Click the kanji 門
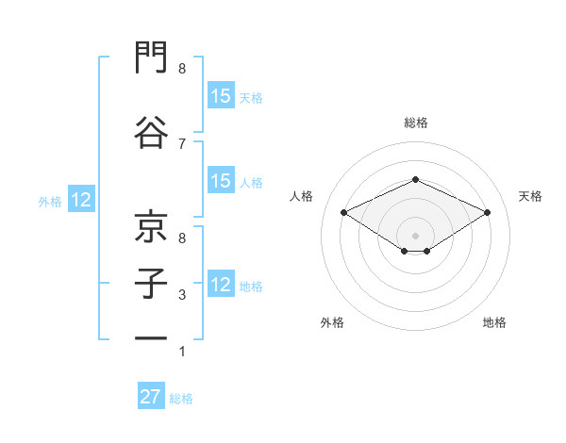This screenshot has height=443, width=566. tap(151, 57)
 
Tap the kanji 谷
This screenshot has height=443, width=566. tap(151, 132)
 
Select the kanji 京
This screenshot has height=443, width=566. tap(151, 226)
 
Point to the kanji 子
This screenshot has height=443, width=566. tap(151, 284)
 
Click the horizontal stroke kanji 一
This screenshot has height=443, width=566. tap(151, 338)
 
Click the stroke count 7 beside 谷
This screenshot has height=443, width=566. tap(182, 144)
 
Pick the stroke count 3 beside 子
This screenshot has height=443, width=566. tap(182, 295)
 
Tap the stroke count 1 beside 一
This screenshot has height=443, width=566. tap(182, 351)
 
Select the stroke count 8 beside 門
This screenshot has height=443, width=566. tap(182, 68)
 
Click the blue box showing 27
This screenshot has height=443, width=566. tap(151, 395)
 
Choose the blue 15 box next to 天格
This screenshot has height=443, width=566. tap(221, 95)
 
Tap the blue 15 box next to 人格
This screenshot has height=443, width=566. tap(221, 180)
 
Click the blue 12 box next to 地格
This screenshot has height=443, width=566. tap(221, 283)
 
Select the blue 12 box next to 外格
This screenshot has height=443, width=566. tap(81, 199)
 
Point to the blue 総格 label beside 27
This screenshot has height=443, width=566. tap(181, 399)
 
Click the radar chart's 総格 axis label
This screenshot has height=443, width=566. tap(416, 123)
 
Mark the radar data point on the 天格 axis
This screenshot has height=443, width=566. tap(487, 212)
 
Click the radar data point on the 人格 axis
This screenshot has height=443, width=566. tap(343, 212)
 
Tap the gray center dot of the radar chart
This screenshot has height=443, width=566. tap(415, 236)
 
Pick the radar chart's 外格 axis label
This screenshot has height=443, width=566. tap(332, 322)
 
